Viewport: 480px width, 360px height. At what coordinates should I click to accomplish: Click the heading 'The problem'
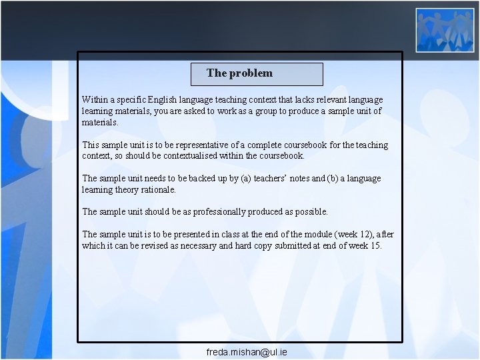pyautogui.click(x=239, y=73)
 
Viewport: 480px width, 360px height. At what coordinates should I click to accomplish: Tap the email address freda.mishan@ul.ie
pyautogui.click(x=247, y=351)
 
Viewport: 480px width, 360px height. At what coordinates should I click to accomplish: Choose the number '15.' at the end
pyautogui.click(x=376, y=246)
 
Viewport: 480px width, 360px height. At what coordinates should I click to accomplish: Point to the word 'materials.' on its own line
pyautogui.click(x=100, y=123)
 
